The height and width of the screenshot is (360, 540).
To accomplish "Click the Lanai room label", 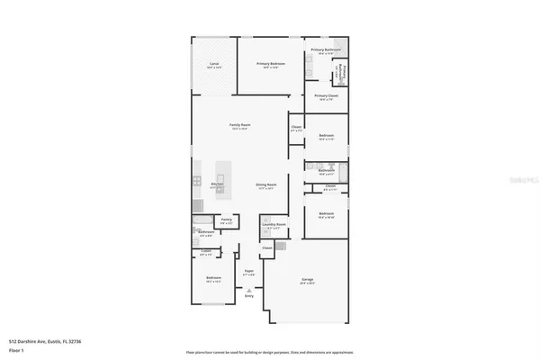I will pyautogui.click(x=214, y=65).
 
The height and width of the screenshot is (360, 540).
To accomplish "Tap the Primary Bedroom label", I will pyautogui.click(x=271, y=64).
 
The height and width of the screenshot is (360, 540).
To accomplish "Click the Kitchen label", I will pyautogui.click(x=217, y=184).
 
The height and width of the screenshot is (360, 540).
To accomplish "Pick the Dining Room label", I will pyautogui.click(x=266, y=185).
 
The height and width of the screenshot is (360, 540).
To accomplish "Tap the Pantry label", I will pyautogui.click(x=227, y=219).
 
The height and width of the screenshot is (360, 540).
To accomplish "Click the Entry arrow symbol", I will pyautogui.click(x=249, y=290).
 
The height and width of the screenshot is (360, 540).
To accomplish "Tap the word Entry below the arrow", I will pyautogui.click(x=249, y=296).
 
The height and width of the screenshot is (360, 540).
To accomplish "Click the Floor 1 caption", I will pyautogui.click(x=16, y=349).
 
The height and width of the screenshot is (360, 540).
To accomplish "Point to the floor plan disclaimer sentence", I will pyautogui.click(x=269, y=351).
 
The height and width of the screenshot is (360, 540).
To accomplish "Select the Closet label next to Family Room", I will pyautogui.click(x=296, y=127).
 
